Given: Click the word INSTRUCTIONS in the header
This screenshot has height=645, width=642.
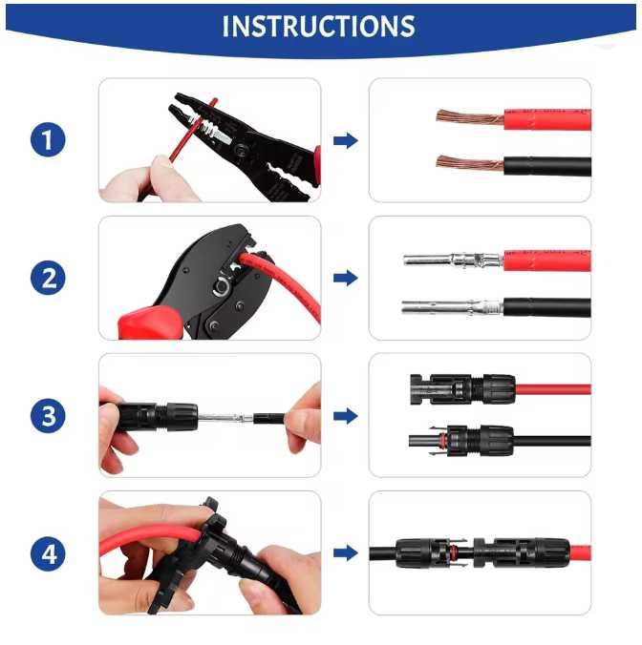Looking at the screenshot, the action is [318, 27].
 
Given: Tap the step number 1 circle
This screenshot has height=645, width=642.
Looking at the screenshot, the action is [48, 139].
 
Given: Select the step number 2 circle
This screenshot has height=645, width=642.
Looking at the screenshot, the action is [48, 278].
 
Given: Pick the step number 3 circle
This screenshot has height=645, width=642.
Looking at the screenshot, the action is [48, 415].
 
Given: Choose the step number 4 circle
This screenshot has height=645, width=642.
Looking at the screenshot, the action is [48, 553].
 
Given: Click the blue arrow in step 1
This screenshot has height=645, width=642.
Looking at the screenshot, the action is [346, 140].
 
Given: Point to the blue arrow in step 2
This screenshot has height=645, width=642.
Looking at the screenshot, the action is [346, 278].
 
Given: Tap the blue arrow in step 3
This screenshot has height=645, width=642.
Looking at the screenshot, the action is [346, 416].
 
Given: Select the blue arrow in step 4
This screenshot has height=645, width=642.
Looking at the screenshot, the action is [346, 553].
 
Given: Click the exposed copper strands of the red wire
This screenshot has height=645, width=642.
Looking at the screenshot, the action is [470, 117].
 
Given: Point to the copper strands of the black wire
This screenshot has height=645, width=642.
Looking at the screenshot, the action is [470, 163].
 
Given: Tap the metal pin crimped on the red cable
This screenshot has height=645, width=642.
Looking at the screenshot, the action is [453, 260].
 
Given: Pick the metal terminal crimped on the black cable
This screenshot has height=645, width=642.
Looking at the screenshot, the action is [452, 307].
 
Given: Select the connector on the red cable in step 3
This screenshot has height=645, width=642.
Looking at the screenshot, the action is [462, 388].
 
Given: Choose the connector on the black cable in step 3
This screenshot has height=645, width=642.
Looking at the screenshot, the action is [461, 441].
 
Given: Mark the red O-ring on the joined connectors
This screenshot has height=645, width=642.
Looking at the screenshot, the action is [454, 552].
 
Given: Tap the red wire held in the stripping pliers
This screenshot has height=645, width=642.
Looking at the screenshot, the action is [193, 129].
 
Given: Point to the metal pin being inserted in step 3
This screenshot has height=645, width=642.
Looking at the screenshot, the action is [225, 418].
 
